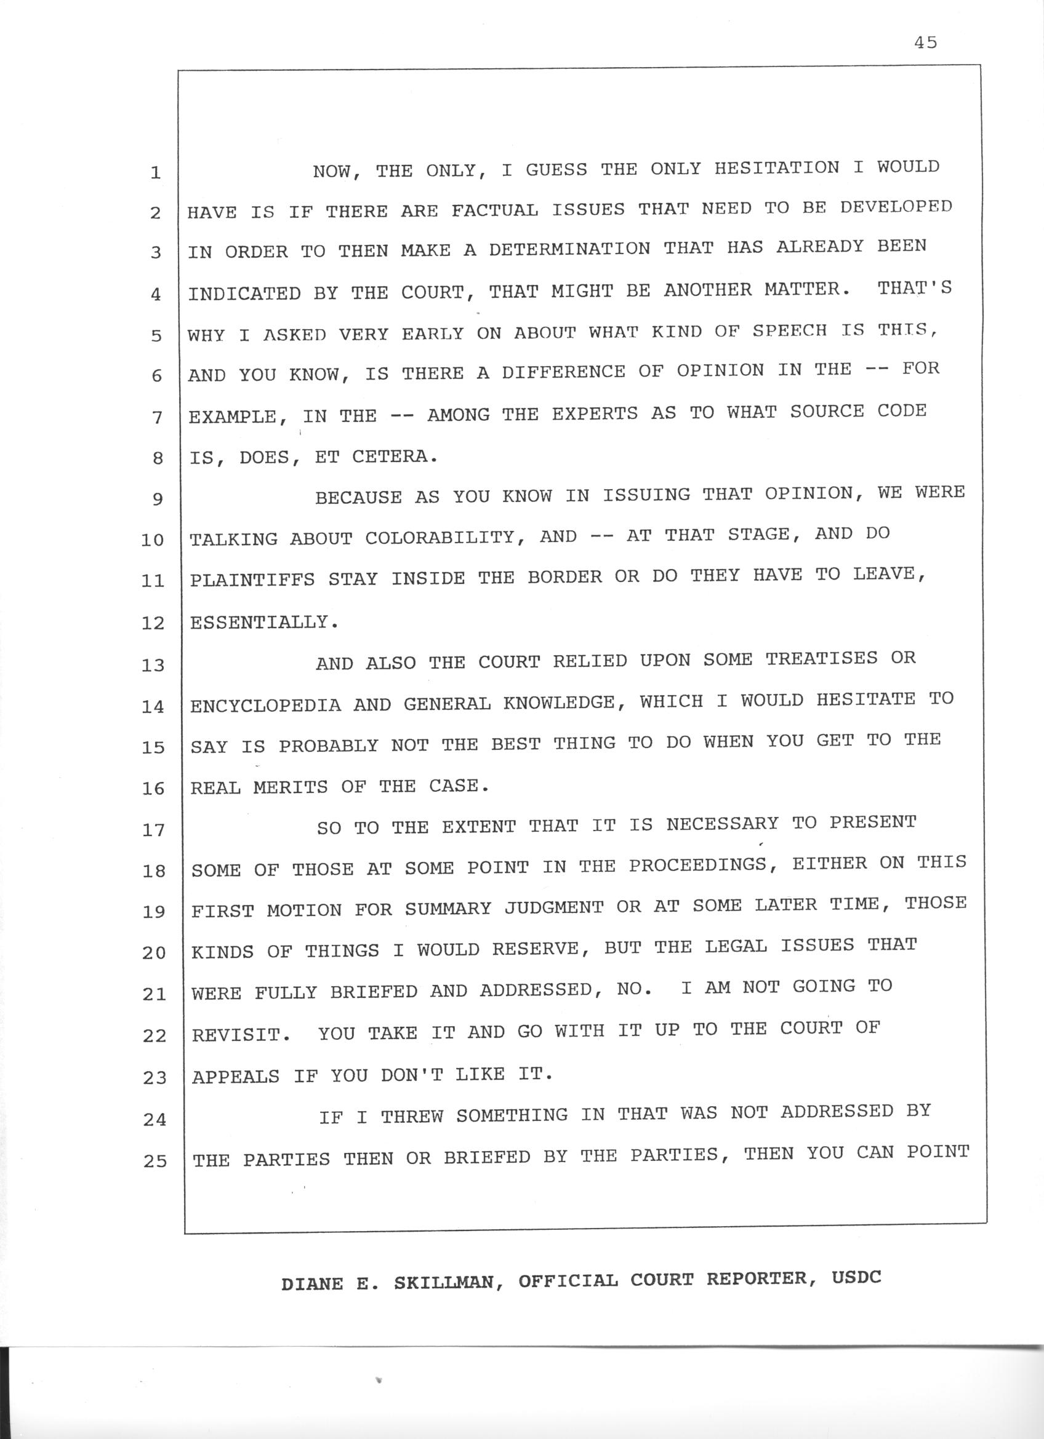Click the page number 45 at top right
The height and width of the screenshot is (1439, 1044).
coord(926,42)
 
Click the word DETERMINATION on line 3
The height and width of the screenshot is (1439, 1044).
coord(569,249)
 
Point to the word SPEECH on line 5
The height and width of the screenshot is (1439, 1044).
coord(790,330)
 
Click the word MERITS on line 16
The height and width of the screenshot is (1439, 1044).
coord(291,787)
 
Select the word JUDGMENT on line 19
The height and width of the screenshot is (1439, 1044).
coord(554,907)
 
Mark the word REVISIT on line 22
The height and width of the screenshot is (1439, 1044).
coord(236,1035)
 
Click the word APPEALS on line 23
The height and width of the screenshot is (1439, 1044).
coord(236,1077)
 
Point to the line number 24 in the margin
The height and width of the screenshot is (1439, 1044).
coord(155,1119)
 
